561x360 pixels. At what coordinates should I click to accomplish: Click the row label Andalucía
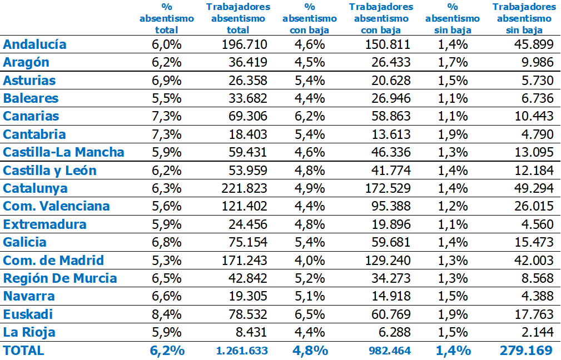click(34, 44)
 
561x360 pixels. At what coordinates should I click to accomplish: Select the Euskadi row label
click(28, 314)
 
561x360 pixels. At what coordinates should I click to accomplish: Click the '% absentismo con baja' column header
click(310, 18)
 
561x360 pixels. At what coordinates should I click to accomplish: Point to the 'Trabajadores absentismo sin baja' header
click(524, 18)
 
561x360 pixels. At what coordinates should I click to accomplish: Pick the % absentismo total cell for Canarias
click(167, 116)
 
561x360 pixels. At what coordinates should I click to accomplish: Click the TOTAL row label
click(23, 350)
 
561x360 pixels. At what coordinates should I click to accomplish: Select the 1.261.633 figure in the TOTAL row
click(242, 351)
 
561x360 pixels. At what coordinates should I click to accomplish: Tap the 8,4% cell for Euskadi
click(167, 314)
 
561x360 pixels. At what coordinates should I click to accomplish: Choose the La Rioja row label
click(29, 332)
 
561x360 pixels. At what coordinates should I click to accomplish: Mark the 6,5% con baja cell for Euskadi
click(310, 314)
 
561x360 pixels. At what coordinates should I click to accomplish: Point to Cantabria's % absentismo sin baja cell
click(453, 134)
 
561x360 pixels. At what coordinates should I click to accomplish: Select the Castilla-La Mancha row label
click(63, 152)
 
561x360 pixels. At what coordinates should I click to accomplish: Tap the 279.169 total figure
click(525, 351)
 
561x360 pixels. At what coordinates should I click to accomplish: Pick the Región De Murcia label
click(60, 278)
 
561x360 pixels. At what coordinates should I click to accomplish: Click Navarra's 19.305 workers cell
click(248, 297)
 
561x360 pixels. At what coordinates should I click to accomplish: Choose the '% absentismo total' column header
click(167, 18)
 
